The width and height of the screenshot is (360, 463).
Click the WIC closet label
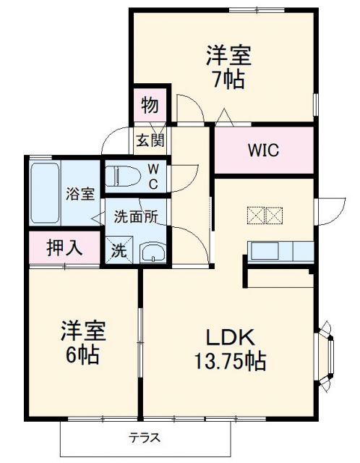pyautogui.click(x=264, y=151)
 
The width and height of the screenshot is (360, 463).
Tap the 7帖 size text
pyautogui.click(x=224, y=78)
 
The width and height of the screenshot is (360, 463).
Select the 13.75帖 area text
pyautogui.click(x=228, y=360)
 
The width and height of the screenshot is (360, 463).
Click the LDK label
pyautogui.click(x=228, y=336)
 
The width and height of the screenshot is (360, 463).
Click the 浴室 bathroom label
pyautogui.click(x=80, y=193)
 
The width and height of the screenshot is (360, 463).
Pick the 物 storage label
pyautogui.click(x=150, y=106)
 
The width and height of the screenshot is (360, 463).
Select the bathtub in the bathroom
pyautogui.click(x=47, y=192)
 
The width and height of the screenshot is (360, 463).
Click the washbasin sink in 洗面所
pyautogui.click(x=153, y=252)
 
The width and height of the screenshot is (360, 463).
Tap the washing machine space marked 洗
pyautogui.click(x=119, y=251)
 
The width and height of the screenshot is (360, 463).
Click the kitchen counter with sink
pyautogui.click(x=281, y=252)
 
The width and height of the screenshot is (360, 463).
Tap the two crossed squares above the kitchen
pyautogui.click(x=266, y=215)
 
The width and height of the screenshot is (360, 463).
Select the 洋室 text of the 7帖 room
pyautogui.click(x=224, y=55)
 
